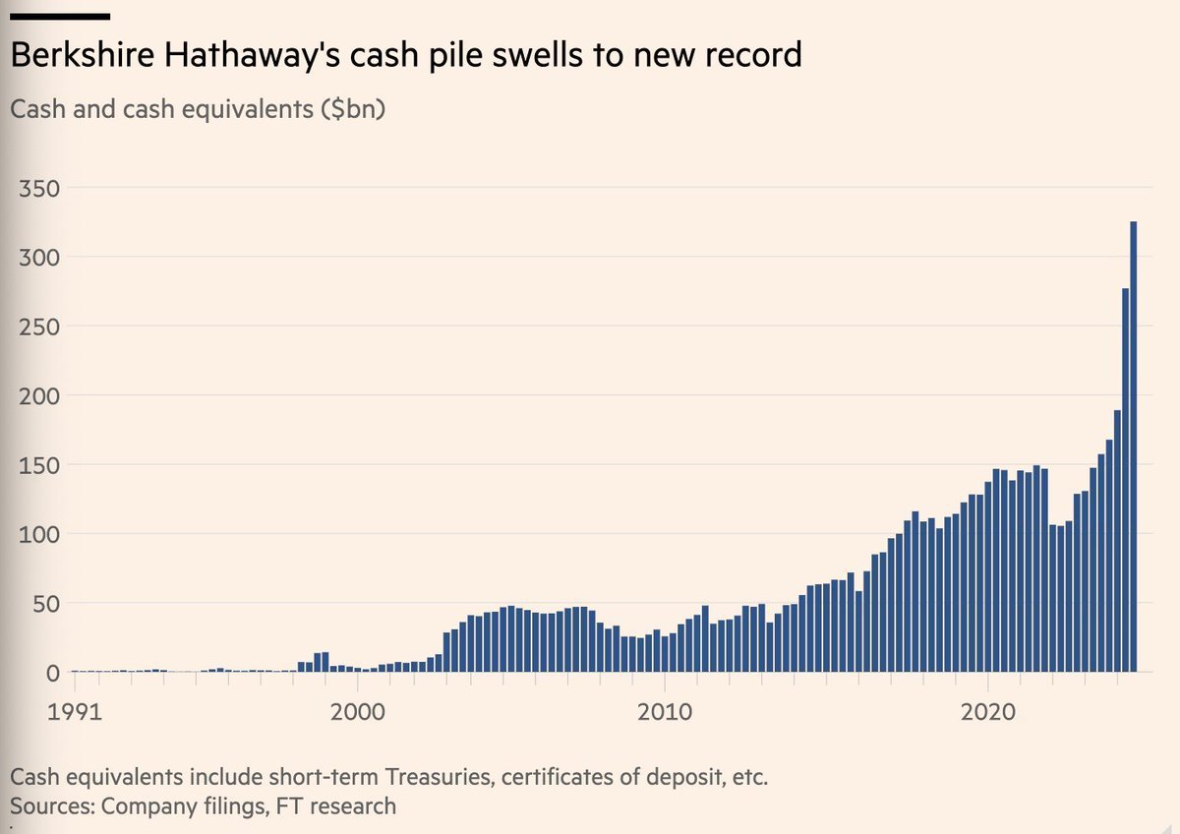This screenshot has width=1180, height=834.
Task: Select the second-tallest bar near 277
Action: click(x=1125, y=482)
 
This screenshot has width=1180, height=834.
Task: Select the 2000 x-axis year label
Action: click(x=356, y=711)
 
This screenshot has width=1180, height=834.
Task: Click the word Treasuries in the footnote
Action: click(x=438, y=777)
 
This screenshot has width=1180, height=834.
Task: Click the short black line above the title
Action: click(x=59, y=17)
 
